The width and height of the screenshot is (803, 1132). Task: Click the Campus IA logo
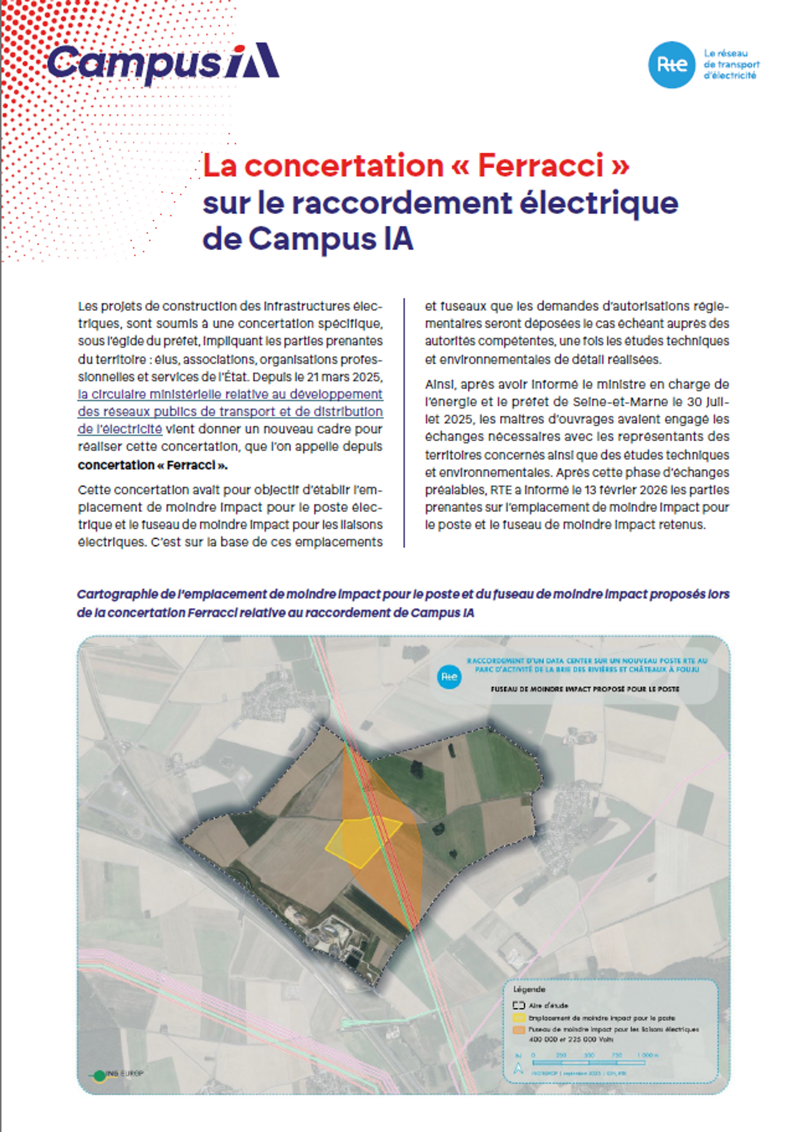(163, 63)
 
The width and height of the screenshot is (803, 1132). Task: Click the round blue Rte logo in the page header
(671, 65)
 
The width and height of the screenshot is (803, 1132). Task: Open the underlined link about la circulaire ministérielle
(230, 411)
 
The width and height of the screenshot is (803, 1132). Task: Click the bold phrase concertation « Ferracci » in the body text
(153, 465)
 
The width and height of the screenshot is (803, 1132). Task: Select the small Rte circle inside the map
(449, 677)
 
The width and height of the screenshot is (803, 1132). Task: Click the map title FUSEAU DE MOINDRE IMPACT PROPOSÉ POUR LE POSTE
(585, 689)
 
